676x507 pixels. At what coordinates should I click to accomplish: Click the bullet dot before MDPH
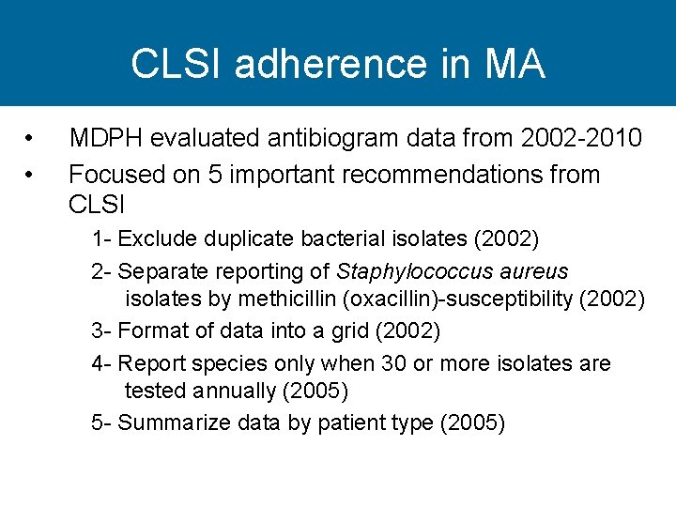click(x=31, y=140)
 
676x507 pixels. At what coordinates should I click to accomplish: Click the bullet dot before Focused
click(x=31, y=175)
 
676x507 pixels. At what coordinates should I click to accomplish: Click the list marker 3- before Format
click(x=101, y=330)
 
